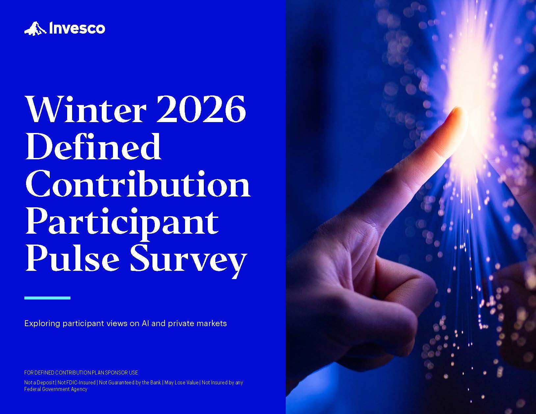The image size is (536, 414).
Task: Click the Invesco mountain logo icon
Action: pyautogui.click(x=35, y=28)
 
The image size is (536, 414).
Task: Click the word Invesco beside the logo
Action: pyautogui.click(x=77, y=28)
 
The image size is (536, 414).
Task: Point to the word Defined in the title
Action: pyautogui.click(x=94, y=146)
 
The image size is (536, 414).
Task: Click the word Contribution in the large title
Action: pyautogui.click(x=138, y=184)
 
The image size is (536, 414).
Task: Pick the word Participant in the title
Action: pyautogui.click(x=122, y=223)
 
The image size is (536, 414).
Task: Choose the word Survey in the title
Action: pyautogui.click(x=188, y=261)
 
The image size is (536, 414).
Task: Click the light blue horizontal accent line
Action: pyautogui.click(x=47, y=298)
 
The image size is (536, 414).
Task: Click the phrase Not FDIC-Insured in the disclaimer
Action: pyautogui.click(x=76, y=382)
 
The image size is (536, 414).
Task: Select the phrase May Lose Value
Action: pyautogui.click(x=181, y=382)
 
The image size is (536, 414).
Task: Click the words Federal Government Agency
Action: pyautogui.click(x=56, y=389)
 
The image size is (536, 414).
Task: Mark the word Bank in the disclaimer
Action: pyautogui.click(x=155, y=382)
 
